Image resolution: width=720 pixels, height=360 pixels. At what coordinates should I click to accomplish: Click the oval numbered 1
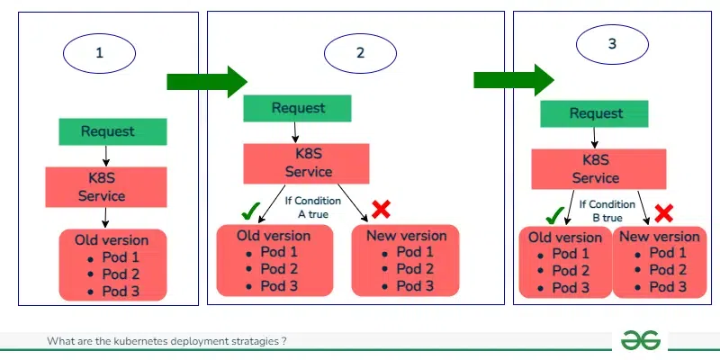99,53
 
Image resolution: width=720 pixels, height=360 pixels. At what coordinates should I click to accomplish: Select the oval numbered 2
361,53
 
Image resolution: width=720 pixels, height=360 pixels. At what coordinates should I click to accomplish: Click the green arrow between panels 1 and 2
206,82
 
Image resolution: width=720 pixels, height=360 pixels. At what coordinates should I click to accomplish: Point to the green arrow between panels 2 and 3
514,81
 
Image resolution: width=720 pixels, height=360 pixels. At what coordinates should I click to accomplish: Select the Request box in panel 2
298,109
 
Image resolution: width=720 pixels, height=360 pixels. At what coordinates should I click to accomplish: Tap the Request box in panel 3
596,113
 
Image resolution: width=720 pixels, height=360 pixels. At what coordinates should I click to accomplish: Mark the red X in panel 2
381,210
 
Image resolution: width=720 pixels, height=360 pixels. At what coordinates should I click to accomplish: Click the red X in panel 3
664,213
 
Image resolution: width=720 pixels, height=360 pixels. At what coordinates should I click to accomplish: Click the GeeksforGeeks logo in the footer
640,341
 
